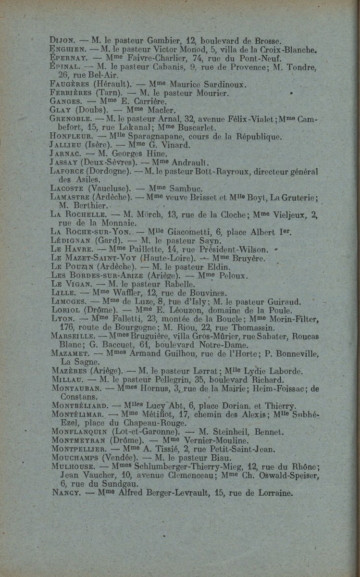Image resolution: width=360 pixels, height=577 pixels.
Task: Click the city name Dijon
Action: point(62,41)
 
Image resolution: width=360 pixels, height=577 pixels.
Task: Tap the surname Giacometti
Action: point(187,232)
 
